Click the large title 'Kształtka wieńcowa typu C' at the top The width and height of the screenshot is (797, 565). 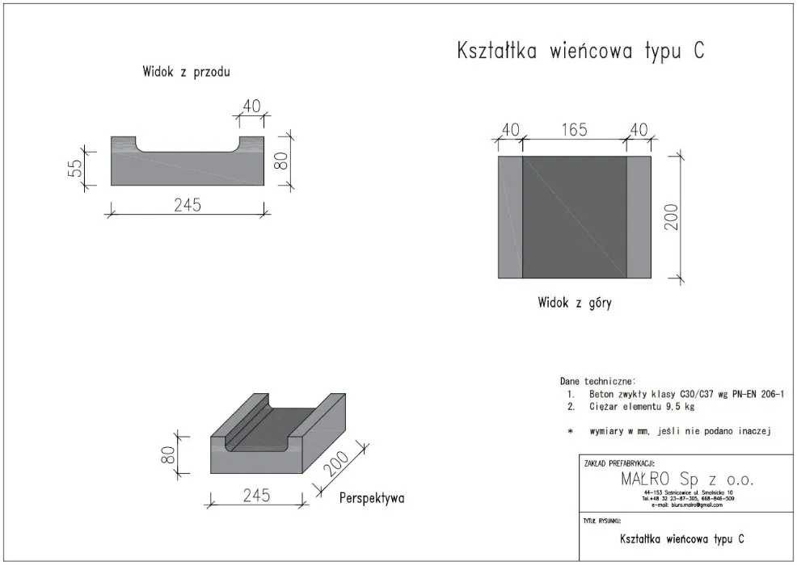[580, 52]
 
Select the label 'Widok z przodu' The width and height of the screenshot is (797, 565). [186, 73]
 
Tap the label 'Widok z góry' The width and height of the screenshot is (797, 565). [575, 303]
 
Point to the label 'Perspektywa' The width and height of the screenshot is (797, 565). [372, 498]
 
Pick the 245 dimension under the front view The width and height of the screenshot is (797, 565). [187, 204]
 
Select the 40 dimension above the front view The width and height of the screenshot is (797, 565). [251, 106]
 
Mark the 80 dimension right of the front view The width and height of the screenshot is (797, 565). [281, 161]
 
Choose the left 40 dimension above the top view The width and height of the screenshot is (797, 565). [509, 130]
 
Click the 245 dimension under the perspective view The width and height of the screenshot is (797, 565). [255, 495]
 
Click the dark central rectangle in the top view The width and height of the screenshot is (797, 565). [574, 217]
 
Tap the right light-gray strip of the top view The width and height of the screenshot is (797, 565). [639, 217]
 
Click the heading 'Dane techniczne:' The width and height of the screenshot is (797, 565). [597, 380]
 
